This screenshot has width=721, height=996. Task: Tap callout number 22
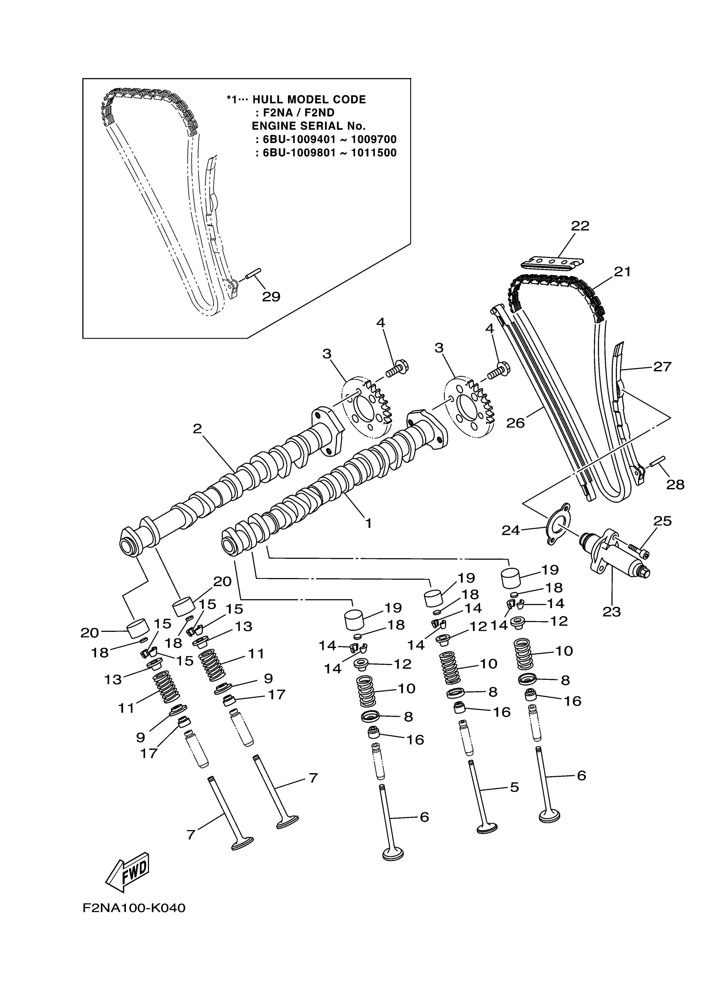pyautogui.click(x=580, y=226)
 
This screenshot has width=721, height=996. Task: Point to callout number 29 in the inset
pyautogui.click(x=271, y=297)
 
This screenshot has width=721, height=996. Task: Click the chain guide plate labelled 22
pyautogui.click(x=552, y=263)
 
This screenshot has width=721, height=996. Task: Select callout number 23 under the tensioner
pyautogui.click(x=611, y=612)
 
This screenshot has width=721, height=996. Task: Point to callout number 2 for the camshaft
pyautogui.click(x=197, y=429)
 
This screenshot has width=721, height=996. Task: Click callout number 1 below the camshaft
pyautogui.click(x=368, y=523)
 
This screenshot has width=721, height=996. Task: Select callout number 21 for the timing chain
pyautogui.click(x=622, y=272)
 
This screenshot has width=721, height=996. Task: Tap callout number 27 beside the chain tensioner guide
pyautogui.click(x=662, y=366)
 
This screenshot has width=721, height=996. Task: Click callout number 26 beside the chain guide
pyautogui.click(x=515, y=423)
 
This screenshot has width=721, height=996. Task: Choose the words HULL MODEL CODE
pyautogui.click(x=309, y=100)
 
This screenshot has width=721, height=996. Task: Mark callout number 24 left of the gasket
pyautogui.click(x=511, y=530)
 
